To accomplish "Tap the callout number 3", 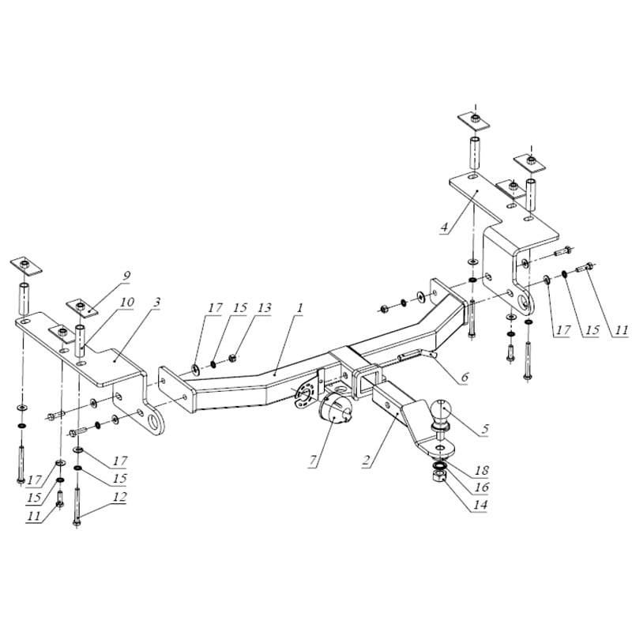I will (157, 303).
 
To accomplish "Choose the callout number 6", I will (464, 378).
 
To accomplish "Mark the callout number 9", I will (126, 275).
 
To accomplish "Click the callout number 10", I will (127, 302).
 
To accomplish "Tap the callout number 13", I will (264, 309).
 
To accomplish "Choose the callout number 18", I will (481, 470).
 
